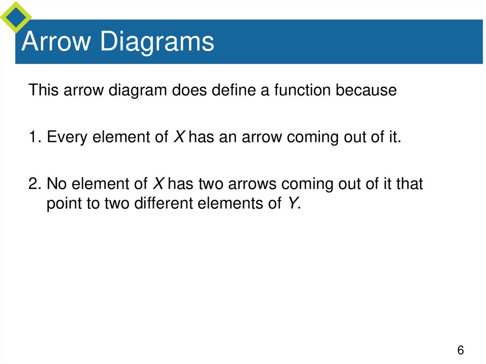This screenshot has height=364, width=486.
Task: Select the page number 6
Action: pyautogui.click(x=460, y=351)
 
